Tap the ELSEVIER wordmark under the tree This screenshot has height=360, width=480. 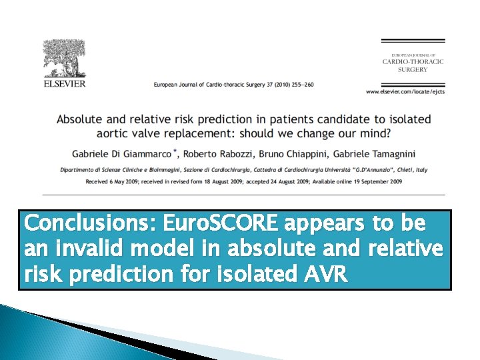point(64,85)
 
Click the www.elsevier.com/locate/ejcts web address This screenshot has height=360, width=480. point(405,90)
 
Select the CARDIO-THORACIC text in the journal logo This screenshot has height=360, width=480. point(413,61)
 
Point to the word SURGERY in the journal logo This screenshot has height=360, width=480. point(413,69)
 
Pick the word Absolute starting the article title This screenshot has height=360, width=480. point(81,119)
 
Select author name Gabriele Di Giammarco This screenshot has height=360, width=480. point(115,153)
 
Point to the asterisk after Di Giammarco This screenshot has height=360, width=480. point(175,151)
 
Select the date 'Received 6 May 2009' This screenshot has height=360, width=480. point(112,181)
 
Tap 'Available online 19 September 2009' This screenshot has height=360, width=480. point(365,181)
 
